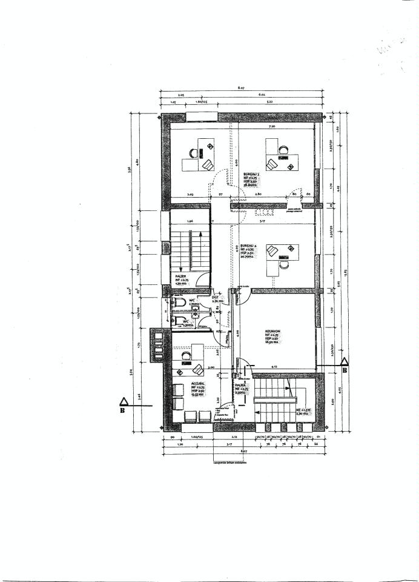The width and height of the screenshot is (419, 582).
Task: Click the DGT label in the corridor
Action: [215, 297]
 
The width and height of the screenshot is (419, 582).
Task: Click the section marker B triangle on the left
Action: [124, 401]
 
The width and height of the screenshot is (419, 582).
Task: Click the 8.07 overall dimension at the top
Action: [241, 89]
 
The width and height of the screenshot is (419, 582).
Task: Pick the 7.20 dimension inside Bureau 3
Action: [272, 127]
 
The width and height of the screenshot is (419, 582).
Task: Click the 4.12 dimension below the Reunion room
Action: [273, 366]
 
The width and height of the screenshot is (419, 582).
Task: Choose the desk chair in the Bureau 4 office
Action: [273, 251]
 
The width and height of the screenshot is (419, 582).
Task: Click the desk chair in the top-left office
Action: [208, 164]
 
